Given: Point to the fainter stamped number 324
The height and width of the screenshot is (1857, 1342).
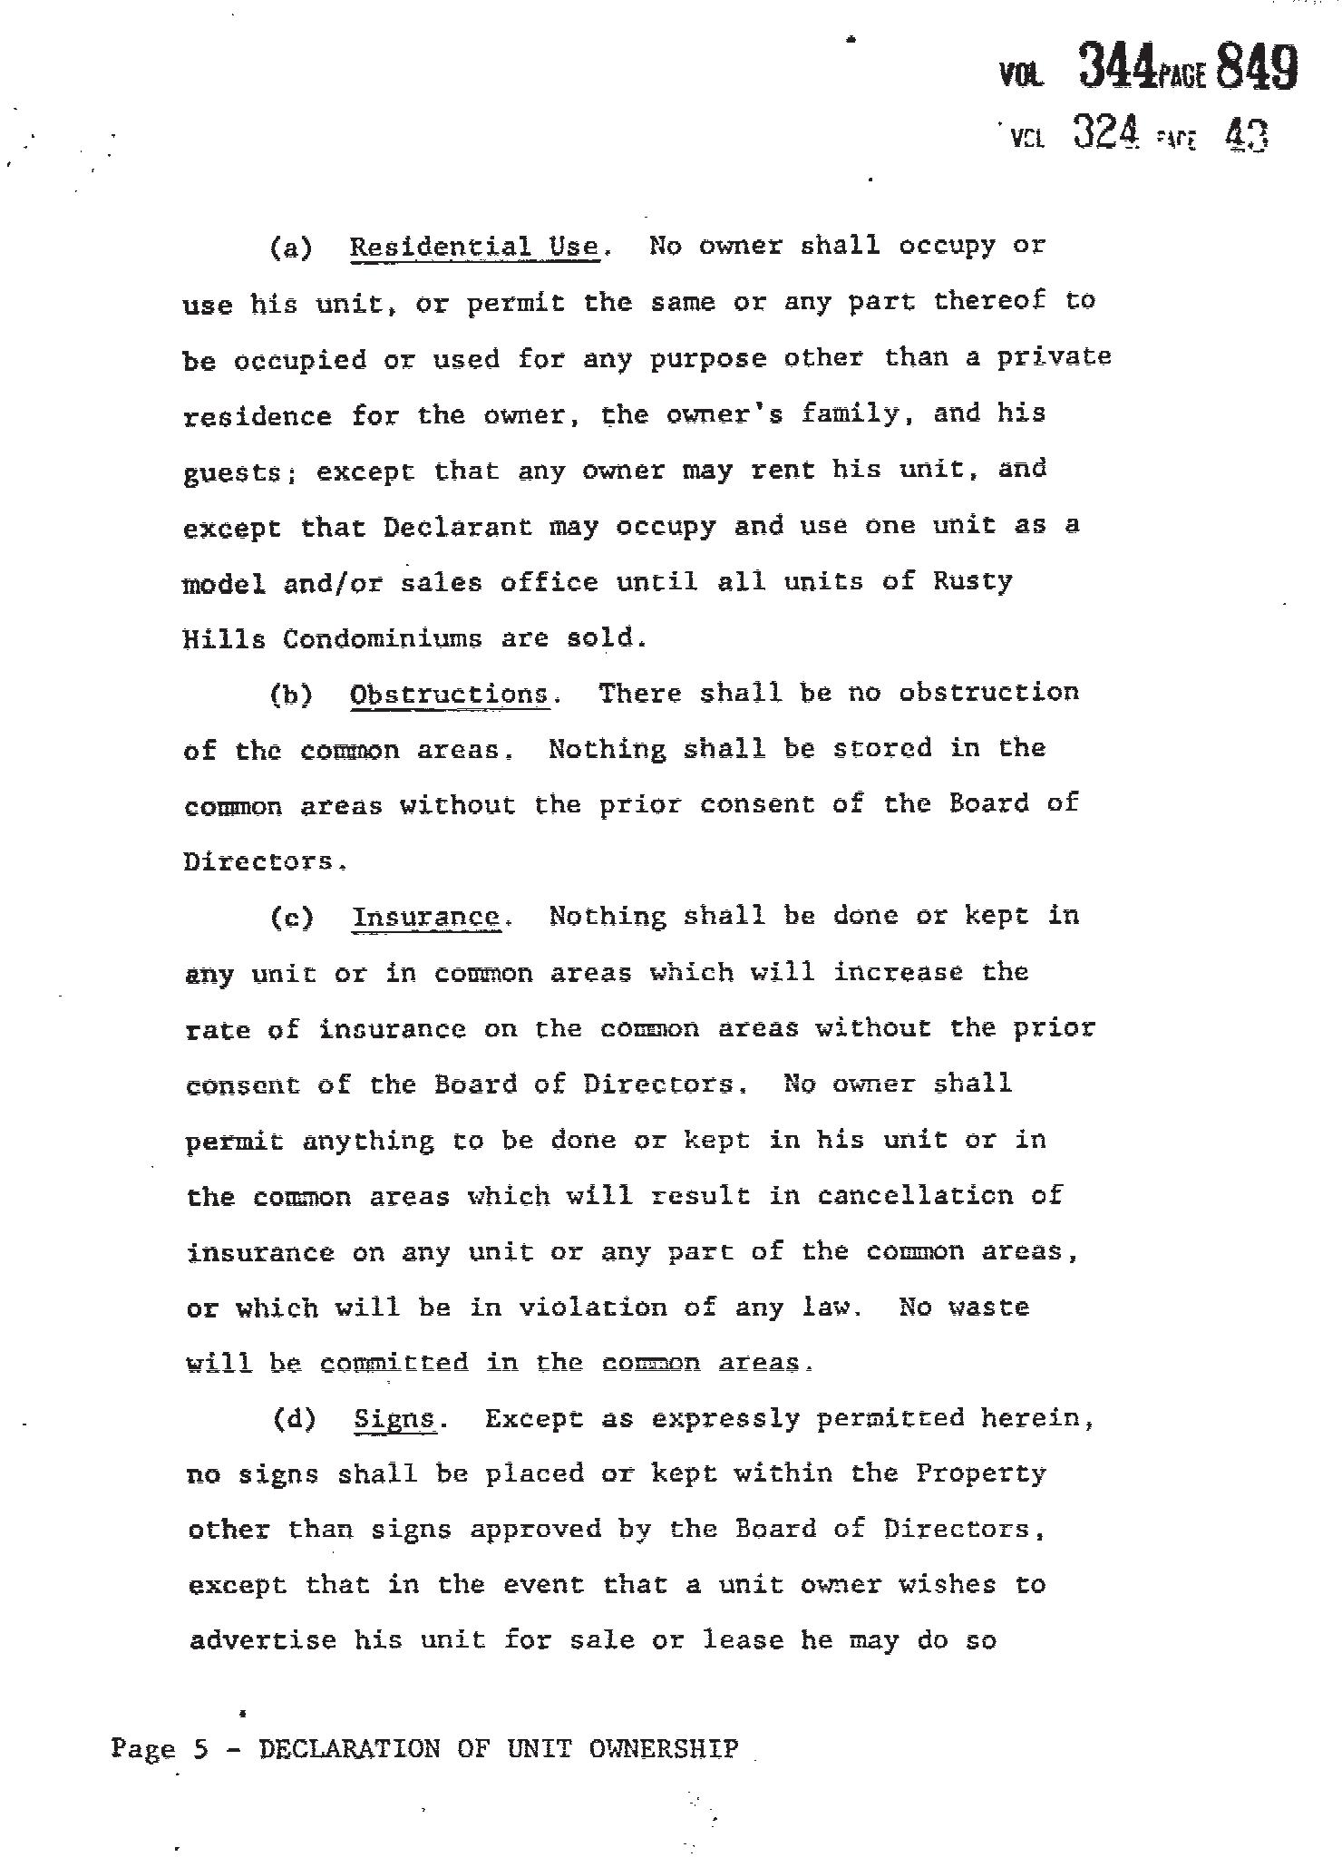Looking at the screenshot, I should click(1104, 133).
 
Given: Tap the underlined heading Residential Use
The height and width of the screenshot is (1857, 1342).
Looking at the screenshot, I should click(474, 247).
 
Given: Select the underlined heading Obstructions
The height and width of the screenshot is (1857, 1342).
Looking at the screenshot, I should click(449, 695).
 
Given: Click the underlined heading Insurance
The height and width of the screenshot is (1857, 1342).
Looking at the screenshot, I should click(426, 918).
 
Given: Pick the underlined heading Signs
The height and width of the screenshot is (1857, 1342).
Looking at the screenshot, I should click(395, 1418).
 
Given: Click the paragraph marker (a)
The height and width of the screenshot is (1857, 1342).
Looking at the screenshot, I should click(291, 248).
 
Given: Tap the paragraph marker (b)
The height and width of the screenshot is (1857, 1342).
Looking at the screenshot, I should click(291, 695).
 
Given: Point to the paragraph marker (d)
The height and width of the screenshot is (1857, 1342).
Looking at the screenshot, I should click(295, 1419).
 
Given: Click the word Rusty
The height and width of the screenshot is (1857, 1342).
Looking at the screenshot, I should click(972, 581).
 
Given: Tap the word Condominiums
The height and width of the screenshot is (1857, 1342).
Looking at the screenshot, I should click(382, 638).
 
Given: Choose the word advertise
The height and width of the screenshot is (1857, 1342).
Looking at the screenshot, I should click(262, 1641).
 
